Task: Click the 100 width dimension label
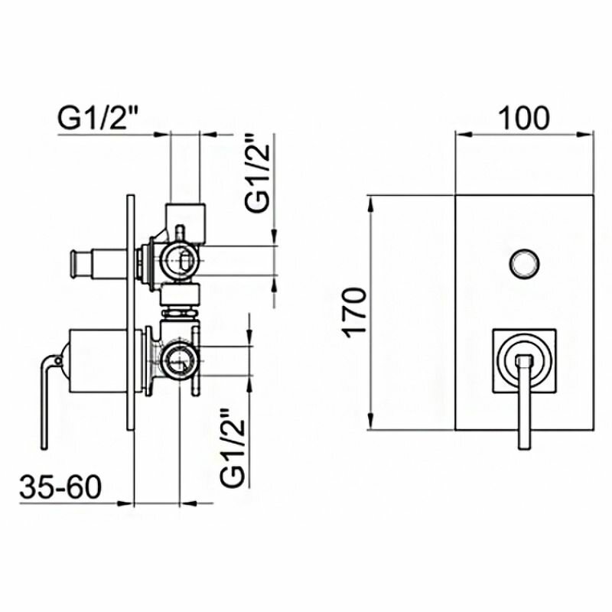point(524,116)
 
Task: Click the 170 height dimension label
point(353,312)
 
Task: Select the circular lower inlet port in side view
point(181,356)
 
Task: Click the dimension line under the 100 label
point(524,134)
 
